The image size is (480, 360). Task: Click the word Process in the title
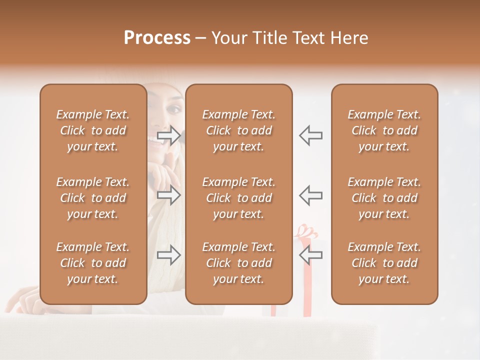point(157,38)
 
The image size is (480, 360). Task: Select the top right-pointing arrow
point(168,135)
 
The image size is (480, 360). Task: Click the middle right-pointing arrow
point(168,194)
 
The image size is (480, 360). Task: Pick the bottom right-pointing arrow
point(168,254)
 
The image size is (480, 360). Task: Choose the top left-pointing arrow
point(311,135)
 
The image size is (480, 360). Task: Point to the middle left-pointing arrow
point(311,194)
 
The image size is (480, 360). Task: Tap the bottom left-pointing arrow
point(311,254)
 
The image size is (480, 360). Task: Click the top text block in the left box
point(93,130)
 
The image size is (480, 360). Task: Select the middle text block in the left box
point(93,198)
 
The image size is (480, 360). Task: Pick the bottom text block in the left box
point(93,263)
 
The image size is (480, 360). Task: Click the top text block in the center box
point(238,130)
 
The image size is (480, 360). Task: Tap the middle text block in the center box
point(238,198)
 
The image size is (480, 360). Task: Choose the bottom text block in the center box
point(238,263)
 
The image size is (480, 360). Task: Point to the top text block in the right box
point(384,130)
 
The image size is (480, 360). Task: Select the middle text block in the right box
point(384,198)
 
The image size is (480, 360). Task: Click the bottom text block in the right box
point(384,263)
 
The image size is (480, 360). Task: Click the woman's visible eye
point(174,108)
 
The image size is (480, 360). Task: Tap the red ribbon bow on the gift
point(306,231)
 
